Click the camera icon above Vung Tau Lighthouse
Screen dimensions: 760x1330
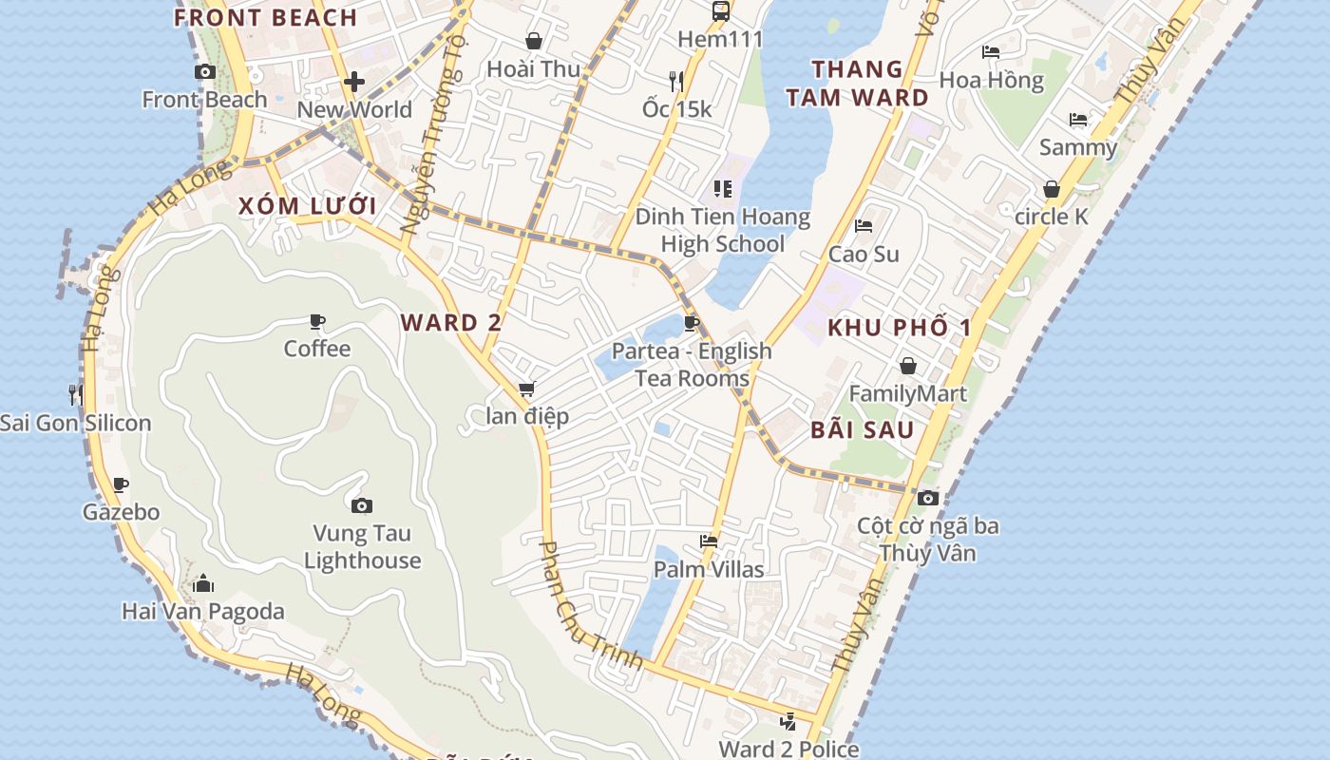[361, 505]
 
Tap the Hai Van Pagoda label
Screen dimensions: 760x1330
[203, 611]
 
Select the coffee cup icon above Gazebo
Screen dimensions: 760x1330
[121, 485]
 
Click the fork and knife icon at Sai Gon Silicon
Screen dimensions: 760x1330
[75, 393]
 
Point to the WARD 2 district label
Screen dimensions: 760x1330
[451, 322]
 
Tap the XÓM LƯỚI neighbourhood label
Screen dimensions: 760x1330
[307, 206]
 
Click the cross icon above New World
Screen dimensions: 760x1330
[354, 82]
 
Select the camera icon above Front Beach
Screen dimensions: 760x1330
[204, 71]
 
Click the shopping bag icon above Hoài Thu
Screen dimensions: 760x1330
[534, 41]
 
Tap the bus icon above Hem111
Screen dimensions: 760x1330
[721, 11]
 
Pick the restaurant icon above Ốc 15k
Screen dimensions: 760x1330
[676, 81]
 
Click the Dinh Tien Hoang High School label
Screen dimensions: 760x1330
[723, 230]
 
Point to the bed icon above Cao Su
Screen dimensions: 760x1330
[864, 226]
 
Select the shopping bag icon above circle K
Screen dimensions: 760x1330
[1052, 189]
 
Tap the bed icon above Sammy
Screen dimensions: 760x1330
[1078, 120]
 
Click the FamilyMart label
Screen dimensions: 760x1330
[907, 393]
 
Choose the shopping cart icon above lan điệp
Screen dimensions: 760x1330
[526, 389]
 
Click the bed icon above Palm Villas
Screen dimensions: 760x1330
[709, 541]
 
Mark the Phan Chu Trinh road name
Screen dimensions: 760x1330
[590, 605]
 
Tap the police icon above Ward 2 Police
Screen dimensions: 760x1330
[788, 721]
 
